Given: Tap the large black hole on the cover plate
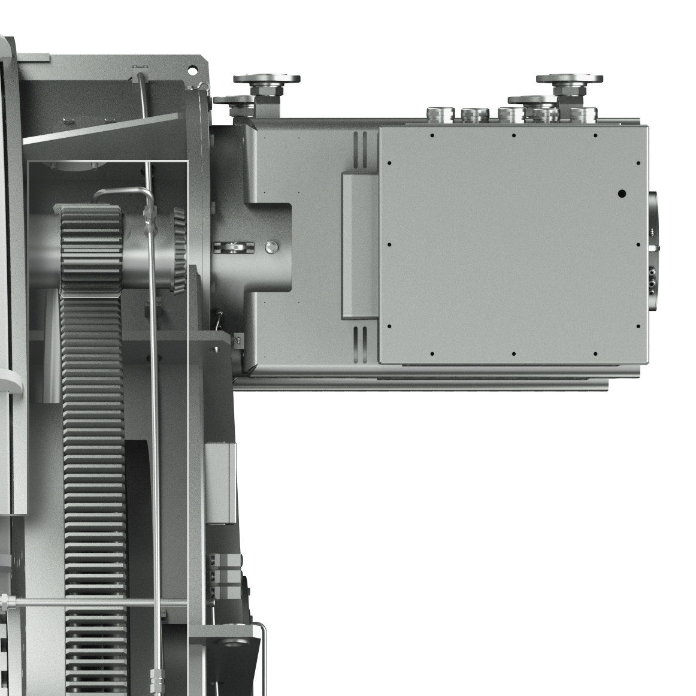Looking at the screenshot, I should (x=622, y=193).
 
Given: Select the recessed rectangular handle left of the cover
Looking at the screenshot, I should (x=358, y=245).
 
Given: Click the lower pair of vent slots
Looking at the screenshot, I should (x=359, y=345).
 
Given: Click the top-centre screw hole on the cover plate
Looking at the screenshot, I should (x=514, y=135).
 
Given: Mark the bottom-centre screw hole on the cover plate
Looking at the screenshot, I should (x=514, y=353).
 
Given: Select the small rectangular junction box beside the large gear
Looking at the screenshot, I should (x=220, y=482).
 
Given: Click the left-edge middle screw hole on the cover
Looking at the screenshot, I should (x=389, y=245).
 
